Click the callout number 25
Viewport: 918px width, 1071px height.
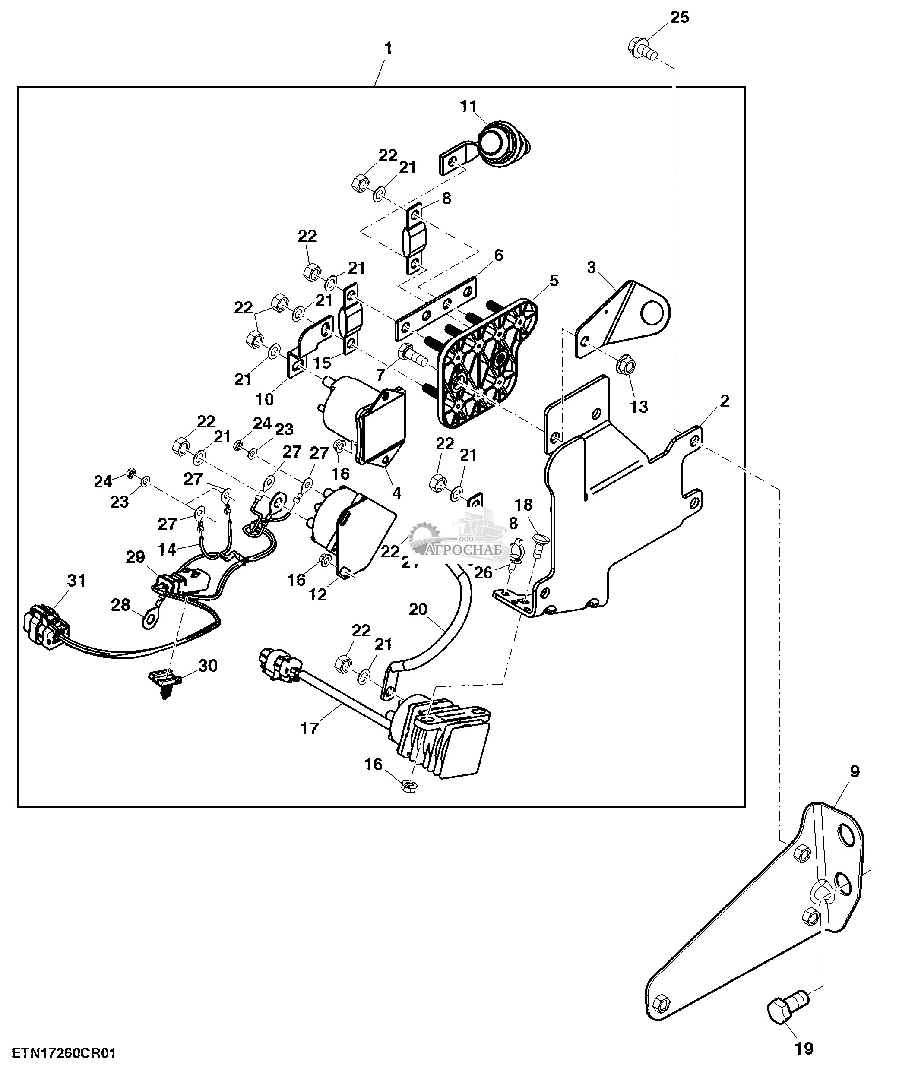(x=679, y=18)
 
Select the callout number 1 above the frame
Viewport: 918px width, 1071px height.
(x=388, y=49)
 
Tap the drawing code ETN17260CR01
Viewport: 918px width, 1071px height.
(x=64, y=1053)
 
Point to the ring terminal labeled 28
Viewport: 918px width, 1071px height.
(x=150, y=619)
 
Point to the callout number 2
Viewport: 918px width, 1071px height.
(x=724, y=401)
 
